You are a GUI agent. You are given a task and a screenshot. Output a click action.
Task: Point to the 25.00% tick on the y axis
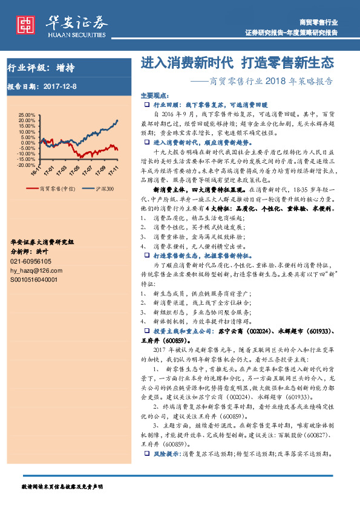coord(27,114)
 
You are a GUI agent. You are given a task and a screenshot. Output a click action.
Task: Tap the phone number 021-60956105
coord(32,261)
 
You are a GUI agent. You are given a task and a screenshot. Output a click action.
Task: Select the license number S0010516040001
coord(34,280)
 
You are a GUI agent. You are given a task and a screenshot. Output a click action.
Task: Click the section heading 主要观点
coord(152,96)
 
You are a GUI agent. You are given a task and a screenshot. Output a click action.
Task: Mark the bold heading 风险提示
coord(166,453)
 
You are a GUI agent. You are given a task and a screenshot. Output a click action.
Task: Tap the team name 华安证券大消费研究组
coord(42,242)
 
